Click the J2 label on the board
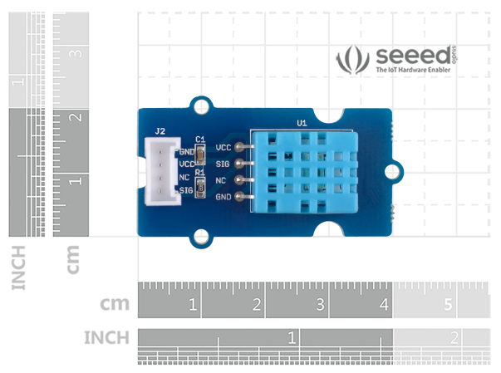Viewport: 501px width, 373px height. click(160, 130)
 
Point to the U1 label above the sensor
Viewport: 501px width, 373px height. click(302, 123)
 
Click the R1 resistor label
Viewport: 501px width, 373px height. click(199, 172)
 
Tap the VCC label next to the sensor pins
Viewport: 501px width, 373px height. click(223, 147)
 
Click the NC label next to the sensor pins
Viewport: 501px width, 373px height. click(221, 179)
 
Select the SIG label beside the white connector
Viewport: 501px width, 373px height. click(186, 190)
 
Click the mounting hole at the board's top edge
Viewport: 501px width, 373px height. click(199, 106)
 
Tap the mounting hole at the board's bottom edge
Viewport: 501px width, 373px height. click(199, 238)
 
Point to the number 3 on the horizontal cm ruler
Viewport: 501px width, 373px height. click(321, 306)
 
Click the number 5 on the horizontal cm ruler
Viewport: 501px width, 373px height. click(448, 306)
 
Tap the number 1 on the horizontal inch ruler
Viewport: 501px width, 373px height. click(292, 338)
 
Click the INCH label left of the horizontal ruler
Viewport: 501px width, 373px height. click(106, 338)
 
